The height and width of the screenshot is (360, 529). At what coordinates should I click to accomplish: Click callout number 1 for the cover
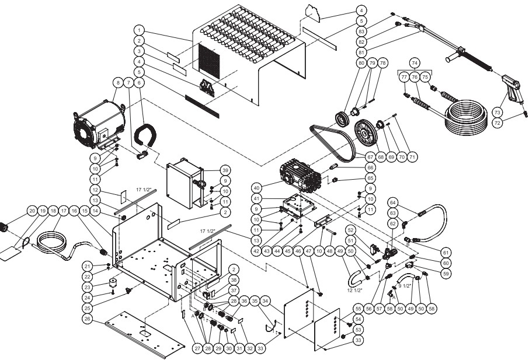139,30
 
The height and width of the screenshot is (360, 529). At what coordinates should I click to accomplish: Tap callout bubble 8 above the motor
118,82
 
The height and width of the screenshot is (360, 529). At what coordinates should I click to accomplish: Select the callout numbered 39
225,170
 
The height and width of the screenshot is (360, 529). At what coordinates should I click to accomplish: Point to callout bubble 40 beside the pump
257,188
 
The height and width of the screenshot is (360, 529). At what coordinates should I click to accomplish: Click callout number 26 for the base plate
88,319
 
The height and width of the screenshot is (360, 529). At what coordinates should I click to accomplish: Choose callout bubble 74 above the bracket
415,63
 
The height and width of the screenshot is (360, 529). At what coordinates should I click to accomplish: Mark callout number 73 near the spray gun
497,113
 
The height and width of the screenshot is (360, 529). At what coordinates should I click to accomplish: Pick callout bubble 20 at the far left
32,211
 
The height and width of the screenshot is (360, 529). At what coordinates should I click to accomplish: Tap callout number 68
381,157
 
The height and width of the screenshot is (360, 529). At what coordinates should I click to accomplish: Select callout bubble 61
446,252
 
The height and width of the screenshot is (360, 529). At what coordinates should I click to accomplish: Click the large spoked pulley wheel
366,133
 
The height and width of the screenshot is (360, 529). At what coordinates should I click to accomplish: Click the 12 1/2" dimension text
354,290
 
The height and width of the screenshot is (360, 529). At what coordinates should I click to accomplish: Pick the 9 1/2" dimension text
405,286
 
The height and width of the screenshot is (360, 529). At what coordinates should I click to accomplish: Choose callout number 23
88,287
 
